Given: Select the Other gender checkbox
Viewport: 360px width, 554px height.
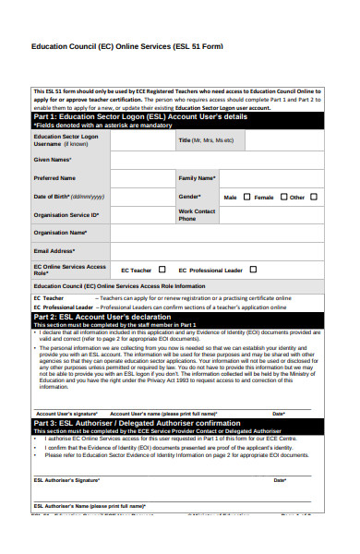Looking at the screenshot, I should [314, 197].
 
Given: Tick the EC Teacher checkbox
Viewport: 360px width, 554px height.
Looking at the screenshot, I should [162, 270].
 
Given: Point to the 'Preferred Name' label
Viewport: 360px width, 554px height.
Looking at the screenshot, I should [54, 177].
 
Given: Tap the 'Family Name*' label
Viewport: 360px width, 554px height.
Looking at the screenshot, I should [197, 177].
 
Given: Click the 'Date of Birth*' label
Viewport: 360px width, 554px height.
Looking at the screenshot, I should [69, 197].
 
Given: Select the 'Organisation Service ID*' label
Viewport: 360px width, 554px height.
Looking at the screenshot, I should [66, 214].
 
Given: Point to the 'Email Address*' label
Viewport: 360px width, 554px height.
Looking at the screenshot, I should [54, 250].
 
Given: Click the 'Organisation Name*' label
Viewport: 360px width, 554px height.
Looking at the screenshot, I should [60, 233].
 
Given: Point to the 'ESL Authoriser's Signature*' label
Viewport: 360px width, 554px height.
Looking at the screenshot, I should [67, 481].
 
